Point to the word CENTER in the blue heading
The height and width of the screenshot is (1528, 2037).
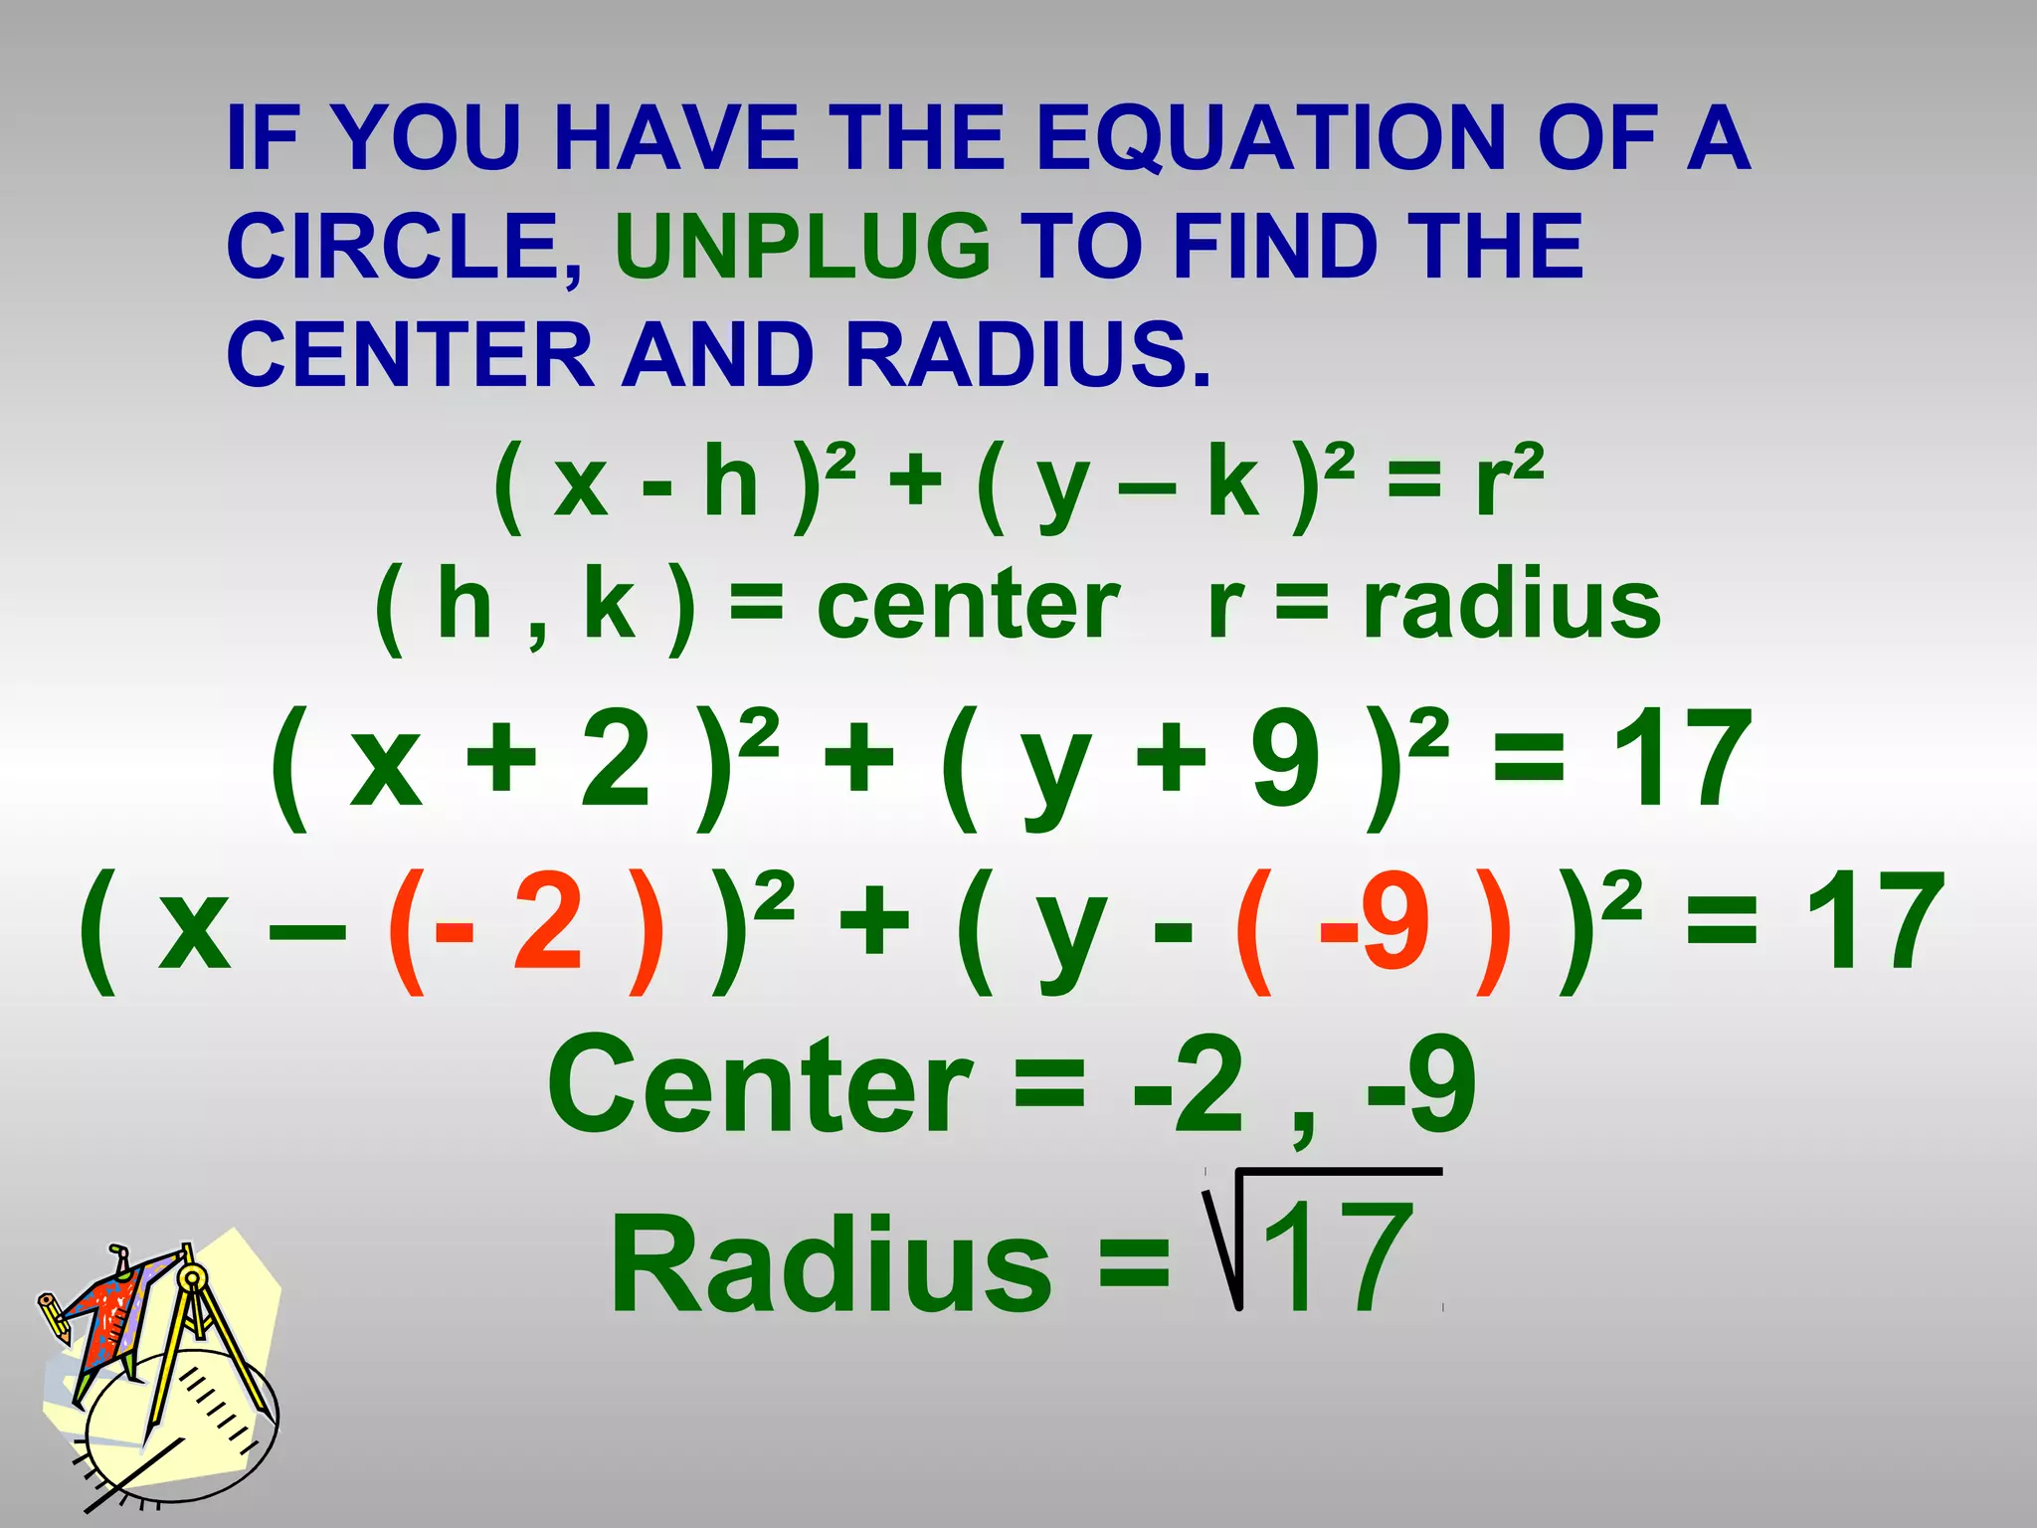coord(410,355)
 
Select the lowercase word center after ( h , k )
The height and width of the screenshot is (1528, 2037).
coord(968,605)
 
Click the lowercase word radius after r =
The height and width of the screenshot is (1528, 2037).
coord(1512,605)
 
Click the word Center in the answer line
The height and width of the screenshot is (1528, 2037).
coord(760,1085)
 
